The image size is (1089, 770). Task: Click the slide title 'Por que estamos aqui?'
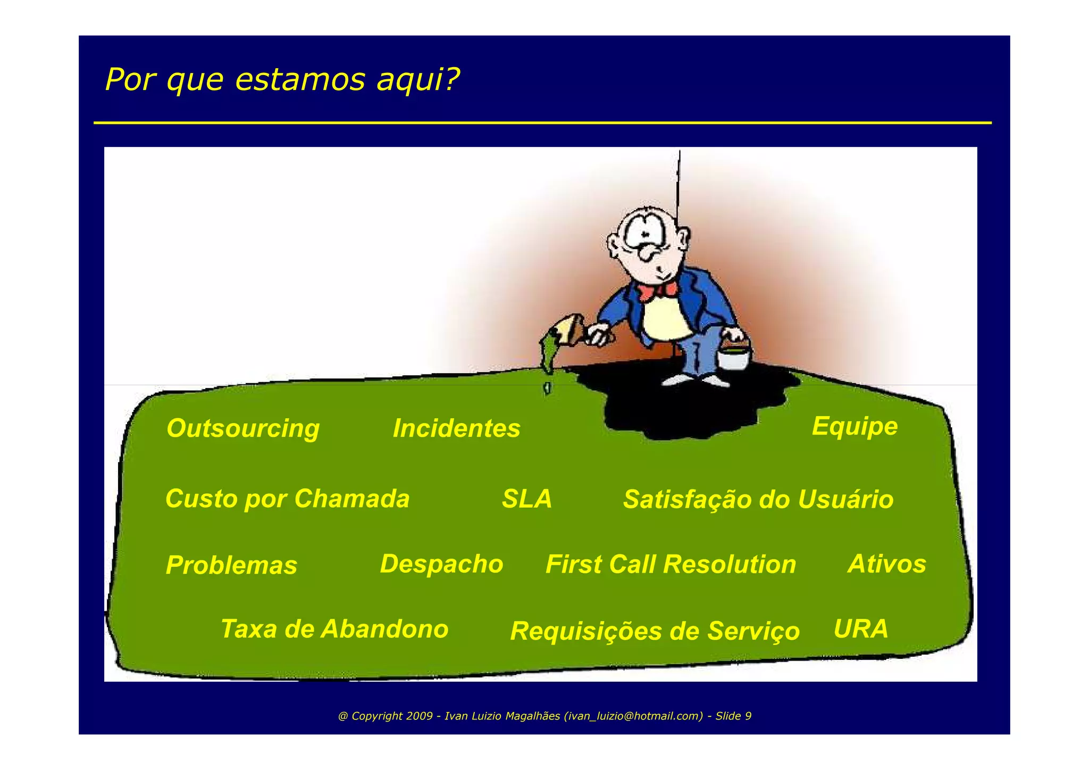pyautogui.click(x=282, y=80)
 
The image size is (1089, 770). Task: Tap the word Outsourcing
pyautogui.click(x=243, y=428)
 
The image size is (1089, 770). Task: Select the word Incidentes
pyautogui.click(x=456, y=428)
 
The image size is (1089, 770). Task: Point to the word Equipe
pyautogui.click(x=855, y=426)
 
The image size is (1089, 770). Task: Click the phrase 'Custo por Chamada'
pyautogui.click(x=287, y=499)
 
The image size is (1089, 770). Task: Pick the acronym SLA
pyautogui.click(x=527, y=499)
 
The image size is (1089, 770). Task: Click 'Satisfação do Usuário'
pyautogui.click(x=758, y=500)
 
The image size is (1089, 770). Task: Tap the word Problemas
pyautogui.click(x=231, y=565)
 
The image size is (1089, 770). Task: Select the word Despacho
pyautogui.click(x=441, y=564)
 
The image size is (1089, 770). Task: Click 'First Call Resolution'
pyautogui.click(x=671, y=565)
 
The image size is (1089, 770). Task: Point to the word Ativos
pyautogui.click(x=886, y=564)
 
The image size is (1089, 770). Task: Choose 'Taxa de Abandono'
pyautogui.click(x=334, y=629)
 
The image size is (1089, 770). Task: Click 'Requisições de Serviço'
pyautogui.click(x=655, y=631)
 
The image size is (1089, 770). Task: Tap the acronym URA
pyautogui.click(x=861, y=629)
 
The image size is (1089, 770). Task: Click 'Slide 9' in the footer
pyautogui.click(x=733, y=716)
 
